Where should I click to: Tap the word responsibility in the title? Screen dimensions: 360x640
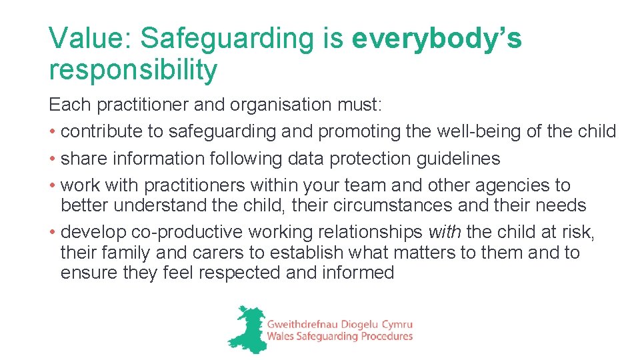coord(133,69)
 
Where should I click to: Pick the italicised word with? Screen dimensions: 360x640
coord(445,232)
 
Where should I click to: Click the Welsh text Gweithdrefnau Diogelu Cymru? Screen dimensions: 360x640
coord(339,323)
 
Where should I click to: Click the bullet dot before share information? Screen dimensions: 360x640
coord(52,159)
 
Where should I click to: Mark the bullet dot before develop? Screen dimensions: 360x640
coord(52,233)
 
